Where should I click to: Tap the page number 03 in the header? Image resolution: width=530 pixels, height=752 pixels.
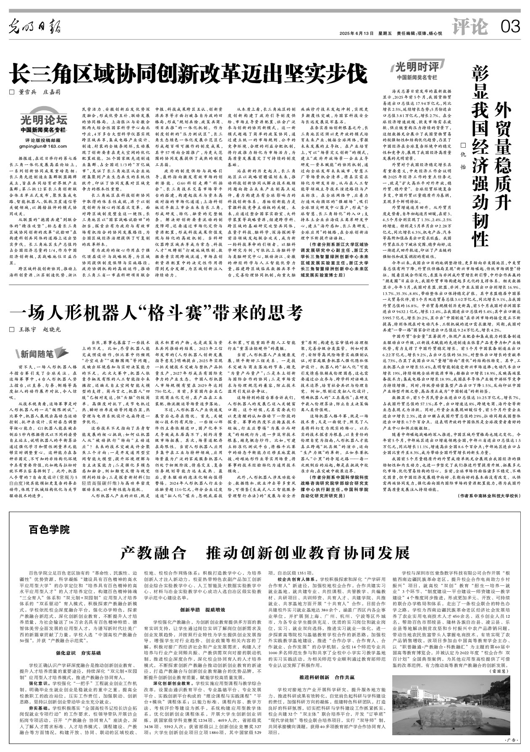(510, 27)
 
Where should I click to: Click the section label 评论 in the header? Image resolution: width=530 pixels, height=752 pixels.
(471, 27)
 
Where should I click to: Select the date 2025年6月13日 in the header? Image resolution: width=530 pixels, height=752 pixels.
(357, 34)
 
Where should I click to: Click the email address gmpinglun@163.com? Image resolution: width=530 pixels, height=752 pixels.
(43, 146)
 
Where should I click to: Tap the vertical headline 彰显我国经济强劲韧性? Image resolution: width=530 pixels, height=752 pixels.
(480, 155)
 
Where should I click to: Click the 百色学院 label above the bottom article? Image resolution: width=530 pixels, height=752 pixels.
(49, 529)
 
